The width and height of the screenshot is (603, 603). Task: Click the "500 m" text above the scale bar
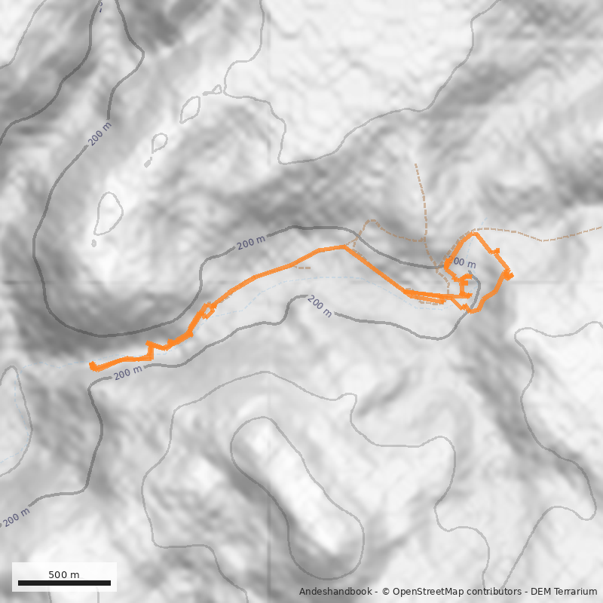pos(64,574)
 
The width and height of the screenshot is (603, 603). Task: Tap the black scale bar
pos(64,583)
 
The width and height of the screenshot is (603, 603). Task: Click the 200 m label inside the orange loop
pos(462,264)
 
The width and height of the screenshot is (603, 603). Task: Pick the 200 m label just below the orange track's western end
pos(128,372)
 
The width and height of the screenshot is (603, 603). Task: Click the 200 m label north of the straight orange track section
pos(251,243)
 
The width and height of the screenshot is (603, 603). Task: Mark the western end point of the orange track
pos(92,366)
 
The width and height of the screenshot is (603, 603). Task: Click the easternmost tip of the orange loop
pos(510,275)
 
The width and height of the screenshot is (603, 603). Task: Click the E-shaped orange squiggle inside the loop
pos(463,285)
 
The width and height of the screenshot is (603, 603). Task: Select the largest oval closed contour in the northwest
pos(109,213)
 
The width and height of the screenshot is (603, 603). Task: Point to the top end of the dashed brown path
pos(415,164)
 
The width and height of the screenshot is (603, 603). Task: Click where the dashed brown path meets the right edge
pos(601,227)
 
